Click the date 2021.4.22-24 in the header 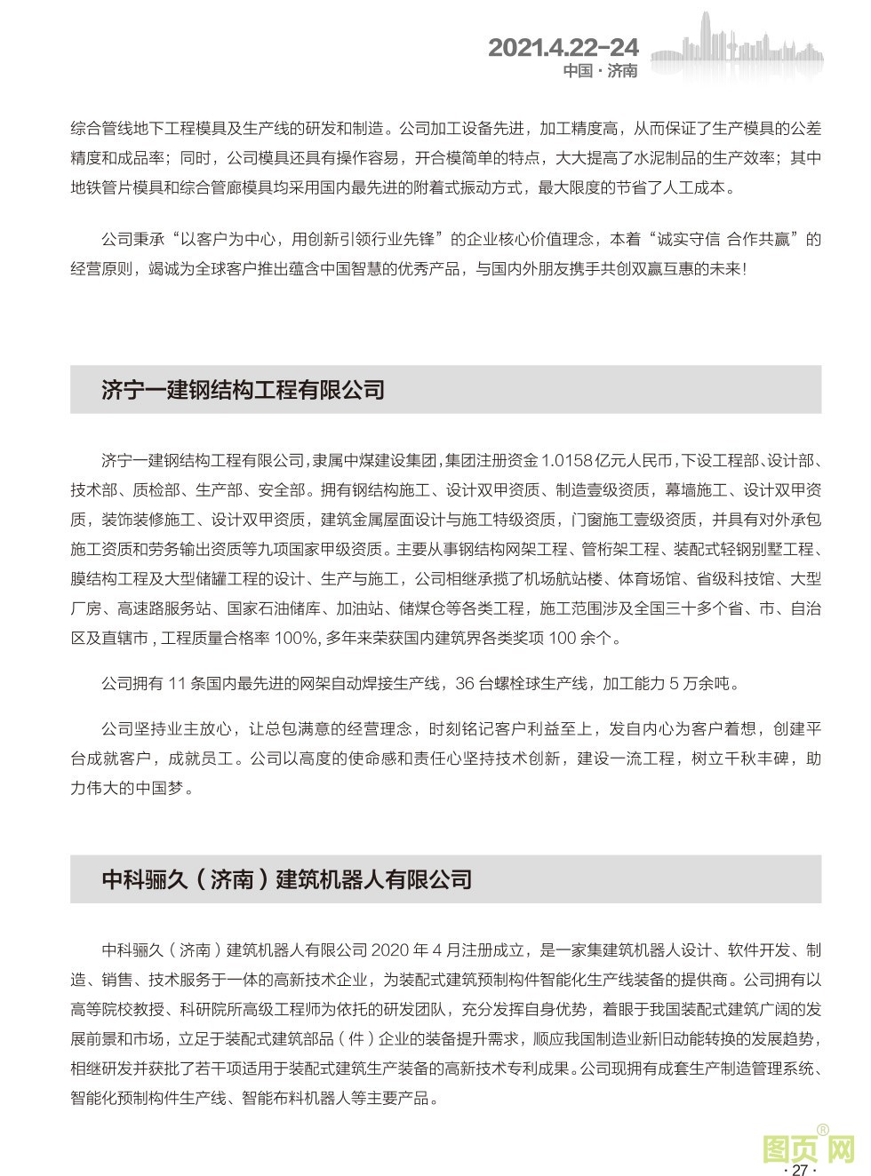[563, 47]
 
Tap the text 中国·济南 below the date [600, 71]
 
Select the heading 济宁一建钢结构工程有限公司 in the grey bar [243, 390]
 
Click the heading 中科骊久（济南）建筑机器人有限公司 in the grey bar [286, 879]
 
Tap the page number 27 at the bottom [799, 1170]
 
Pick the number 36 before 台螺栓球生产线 [465, 684]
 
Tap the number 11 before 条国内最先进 [175, 684]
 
